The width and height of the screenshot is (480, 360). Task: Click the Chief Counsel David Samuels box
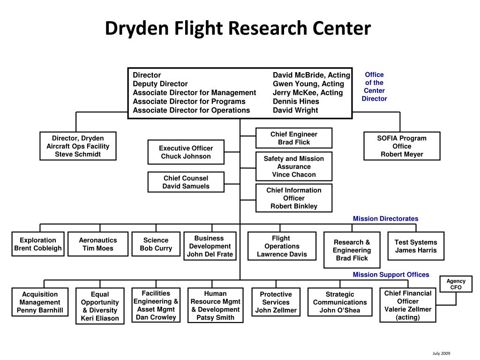pyautogui.click(x=186, y=182)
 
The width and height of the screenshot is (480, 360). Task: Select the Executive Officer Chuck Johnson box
pyautogui.click(x=186, y=152)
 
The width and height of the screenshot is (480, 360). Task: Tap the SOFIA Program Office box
pyautogui.click(x=402, y=146)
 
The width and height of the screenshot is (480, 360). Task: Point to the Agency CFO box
pyautogui.click(x=456, y=284)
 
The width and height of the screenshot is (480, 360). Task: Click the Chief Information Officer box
pyautogui.click(x=293, y=198)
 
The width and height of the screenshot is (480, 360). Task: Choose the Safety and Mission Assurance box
pyautogui.click(x=293, y=166)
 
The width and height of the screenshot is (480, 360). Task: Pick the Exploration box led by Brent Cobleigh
pyautogui.click(x=38, y=244)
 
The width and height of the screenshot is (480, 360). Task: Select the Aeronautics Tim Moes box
pyautogui.click(x=97, y=244)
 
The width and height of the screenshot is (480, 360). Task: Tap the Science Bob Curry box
pyautogui.click(x=156, y=244)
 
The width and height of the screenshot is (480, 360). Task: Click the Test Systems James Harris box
pyautogui.click(x=415, y=246)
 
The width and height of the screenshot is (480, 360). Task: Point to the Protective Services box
pyautogui.click(x=276, y=302)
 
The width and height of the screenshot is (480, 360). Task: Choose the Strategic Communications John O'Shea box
pyautogui.click(x=340, y=302)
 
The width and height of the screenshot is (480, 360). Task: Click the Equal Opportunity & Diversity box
pyautogui.click(x=100, y=306)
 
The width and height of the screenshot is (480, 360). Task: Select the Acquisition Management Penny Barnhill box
pyautogui.click(x=40, y=302)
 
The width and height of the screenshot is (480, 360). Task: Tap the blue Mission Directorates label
pyautogui.click(x=385, y=218)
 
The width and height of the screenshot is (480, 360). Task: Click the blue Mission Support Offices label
pyautogui.click(x=390, y=275)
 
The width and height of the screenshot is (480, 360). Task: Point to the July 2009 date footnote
pyautogui.click(x=441, y=353)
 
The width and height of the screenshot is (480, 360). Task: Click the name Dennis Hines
pyautogui.click(x=296, y=101)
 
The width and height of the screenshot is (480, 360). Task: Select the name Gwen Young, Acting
pyautogui.click(x=308, y=84)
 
